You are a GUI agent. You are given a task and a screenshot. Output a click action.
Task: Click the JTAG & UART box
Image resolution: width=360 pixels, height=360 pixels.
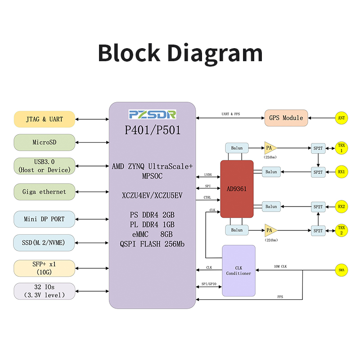(45, 119)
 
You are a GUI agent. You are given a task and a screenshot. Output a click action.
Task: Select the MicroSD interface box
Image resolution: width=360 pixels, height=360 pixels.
(45, 142)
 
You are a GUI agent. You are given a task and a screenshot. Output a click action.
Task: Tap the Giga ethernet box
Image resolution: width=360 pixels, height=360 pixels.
(45, 192)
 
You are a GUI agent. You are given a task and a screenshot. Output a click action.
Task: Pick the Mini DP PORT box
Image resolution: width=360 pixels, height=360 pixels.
(45, 219)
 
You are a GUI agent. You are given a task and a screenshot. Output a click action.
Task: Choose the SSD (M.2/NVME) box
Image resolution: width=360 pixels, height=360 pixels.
(45, 243)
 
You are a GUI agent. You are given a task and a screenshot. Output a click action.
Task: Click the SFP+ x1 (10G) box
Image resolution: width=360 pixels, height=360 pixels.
(45, 268)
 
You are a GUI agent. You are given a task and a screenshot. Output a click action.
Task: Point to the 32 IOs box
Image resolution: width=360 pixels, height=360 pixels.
(45, 291)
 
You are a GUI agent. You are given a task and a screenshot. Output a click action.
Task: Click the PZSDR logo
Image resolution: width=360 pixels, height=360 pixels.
(153, 114)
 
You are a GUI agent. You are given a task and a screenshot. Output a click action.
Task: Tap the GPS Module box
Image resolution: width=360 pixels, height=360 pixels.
(286, 118)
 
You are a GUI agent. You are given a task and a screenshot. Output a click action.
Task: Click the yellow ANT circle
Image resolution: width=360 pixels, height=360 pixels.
(342, 118)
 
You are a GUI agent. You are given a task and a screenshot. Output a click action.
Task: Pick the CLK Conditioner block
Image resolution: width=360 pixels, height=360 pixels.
(238, 270)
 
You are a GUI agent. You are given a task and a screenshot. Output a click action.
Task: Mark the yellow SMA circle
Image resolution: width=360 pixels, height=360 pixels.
(342, 270)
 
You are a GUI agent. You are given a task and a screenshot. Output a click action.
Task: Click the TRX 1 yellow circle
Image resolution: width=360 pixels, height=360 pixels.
(342, 148)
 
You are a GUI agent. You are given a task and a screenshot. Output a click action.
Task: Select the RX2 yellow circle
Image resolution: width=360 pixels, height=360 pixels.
(342, 207)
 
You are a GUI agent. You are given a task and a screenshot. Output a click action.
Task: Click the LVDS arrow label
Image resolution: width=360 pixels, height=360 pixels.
(208, 175)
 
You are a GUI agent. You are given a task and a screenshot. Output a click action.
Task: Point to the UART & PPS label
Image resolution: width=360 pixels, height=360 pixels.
(231, 114)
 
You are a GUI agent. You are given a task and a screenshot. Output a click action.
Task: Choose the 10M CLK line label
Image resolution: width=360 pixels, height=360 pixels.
(280, 267)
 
